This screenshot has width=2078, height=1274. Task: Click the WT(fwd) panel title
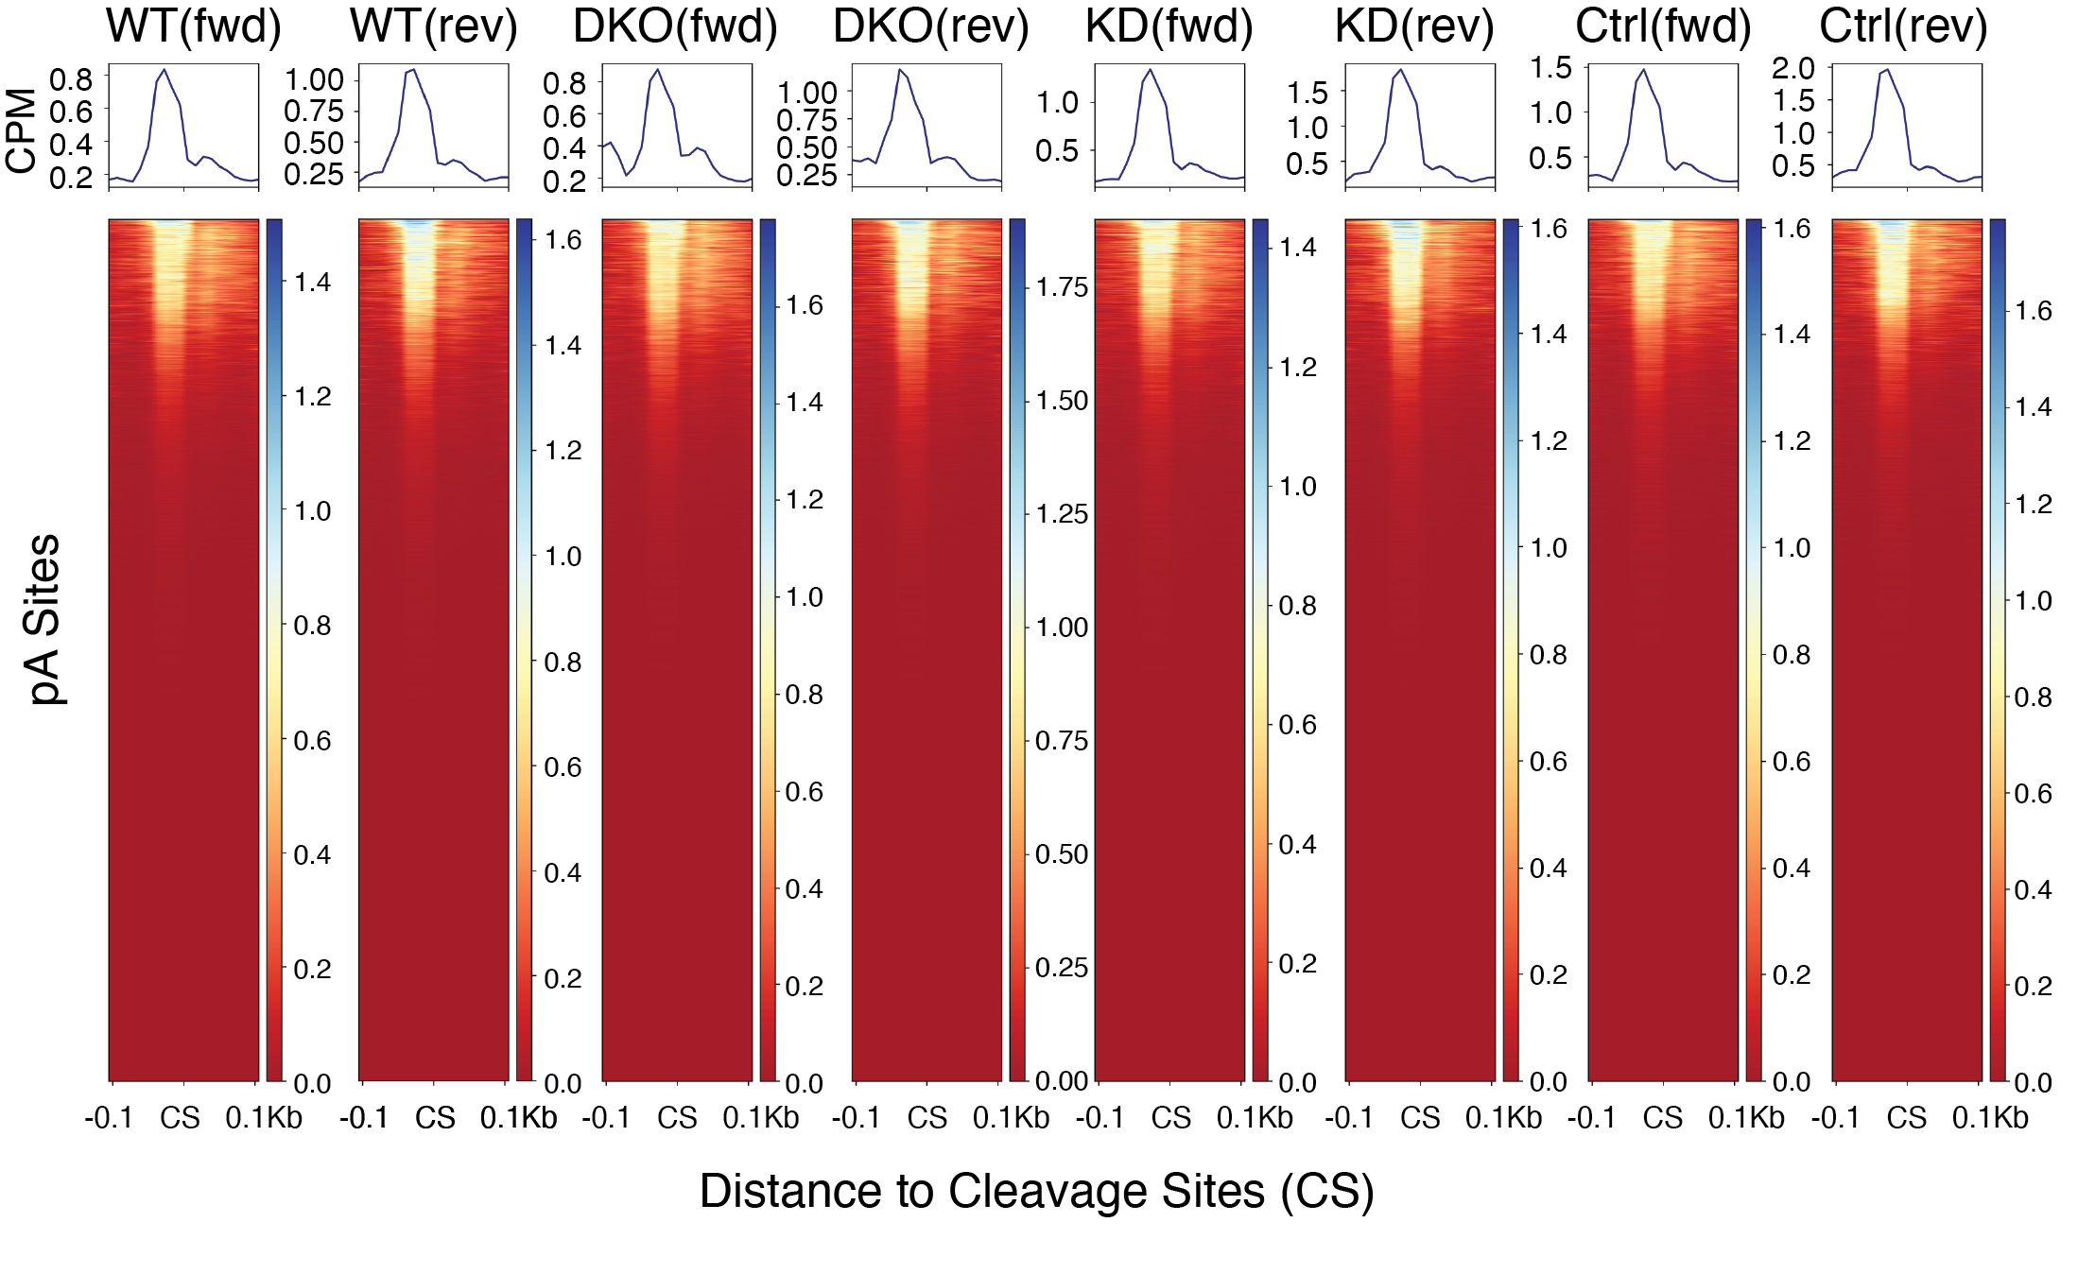point(193,26)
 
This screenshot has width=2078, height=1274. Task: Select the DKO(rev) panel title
point(930,26)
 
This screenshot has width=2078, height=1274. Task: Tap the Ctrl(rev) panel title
point(1903,26)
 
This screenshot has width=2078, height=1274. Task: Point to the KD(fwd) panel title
point(1169,26)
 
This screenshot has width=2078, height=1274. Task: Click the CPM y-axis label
point(21,130)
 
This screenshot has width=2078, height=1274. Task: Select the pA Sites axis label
point(43,619)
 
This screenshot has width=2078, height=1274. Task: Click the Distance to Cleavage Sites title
point(1036,1191)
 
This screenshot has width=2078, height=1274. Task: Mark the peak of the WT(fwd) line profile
point(165,69)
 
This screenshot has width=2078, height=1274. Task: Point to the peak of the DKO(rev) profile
point(900,69)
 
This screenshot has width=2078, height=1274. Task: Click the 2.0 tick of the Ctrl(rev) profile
point(1793,68)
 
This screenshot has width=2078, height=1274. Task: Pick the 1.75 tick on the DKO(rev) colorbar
point(1062,287)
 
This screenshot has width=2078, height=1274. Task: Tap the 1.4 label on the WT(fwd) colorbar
point(312,282)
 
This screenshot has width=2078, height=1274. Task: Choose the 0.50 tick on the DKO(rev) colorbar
point(1062,854)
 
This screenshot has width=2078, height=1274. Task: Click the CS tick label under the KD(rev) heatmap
point(1420,1118)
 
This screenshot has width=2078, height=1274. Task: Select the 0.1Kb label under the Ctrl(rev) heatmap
point(1990,1118)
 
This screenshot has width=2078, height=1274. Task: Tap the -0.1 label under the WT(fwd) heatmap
point(109,1118)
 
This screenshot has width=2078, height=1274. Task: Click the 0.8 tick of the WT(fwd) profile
point(72,79)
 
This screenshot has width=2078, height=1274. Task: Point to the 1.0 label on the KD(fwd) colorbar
point(1297,487)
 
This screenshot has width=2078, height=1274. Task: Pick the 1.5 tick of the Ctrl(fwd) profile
point(1551,68)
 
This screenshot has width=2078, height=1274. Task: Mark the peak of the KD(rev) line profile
point(1400,70)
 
